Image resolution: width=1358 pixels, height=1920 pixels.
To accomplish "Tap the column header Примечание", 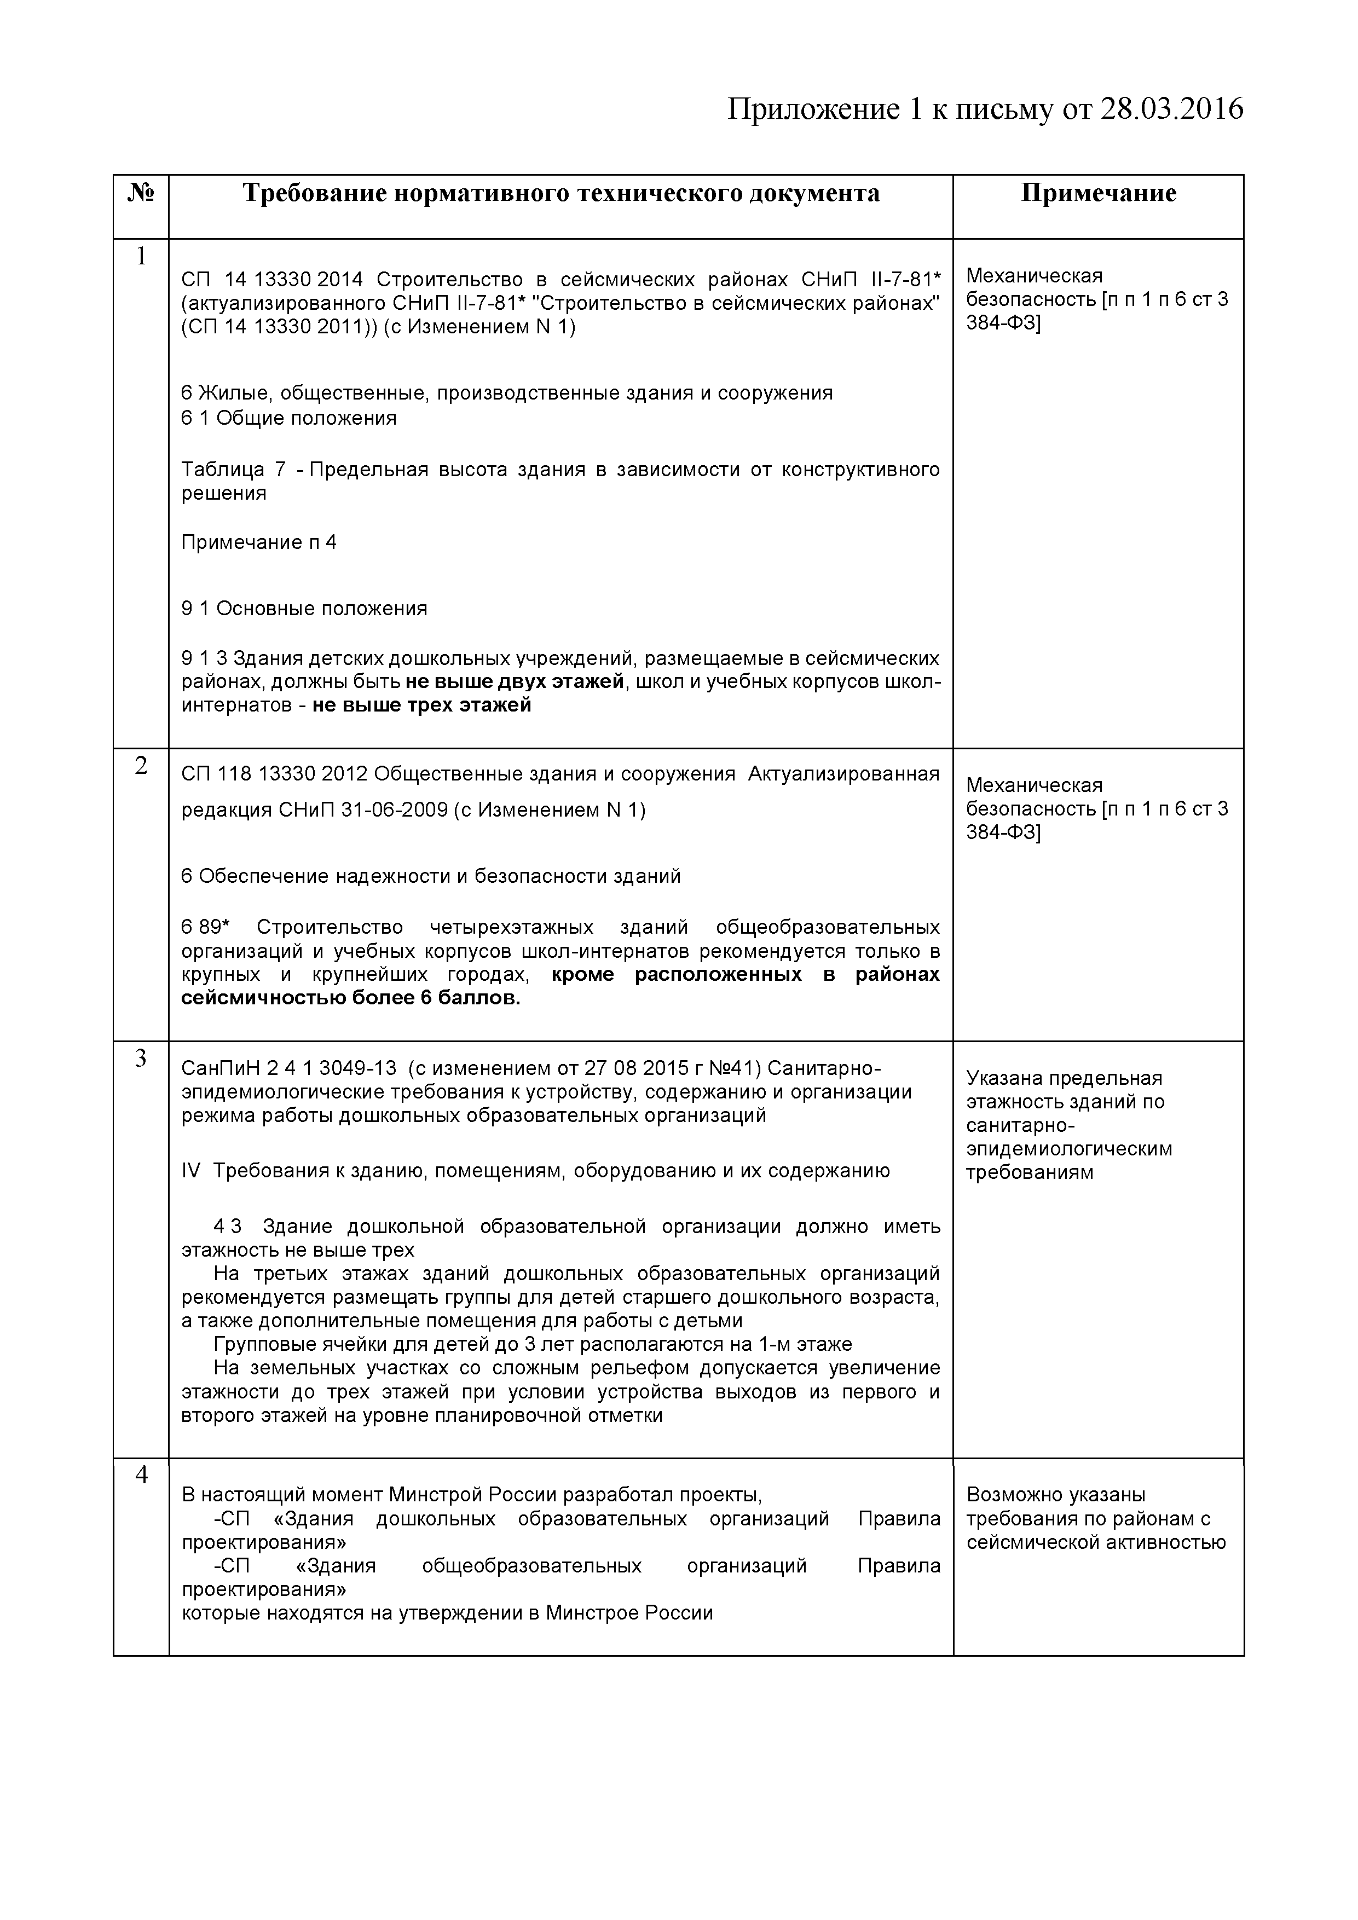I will click(x=1098, y=193).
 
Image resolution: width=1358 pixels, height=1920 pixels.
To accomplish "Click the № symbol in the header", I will click(x=141, y=193).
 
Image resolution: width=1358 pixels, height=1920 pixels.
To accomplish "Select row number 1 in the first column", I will click(x=141, y=257).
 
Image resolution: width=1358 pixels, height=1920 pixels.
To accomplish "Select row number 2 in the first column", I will click(x=141, y=765).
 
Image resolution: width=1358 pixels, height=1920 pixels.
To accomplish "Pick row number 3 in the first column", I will click(x=141, y=1058).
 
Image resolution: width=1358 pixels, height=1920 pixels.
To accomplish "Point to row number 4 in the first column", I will click(x=141, y=1475).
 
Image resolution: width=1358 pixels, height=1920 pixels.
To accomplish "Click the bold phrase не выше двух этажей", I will click(x=515, y=681).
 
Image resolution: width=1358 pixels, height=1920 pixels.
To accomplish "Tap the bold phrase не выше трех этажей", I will click(x=422, y=705).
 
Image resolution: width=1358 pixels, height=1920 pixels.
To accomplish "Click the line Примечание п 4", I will click(x=259, y=542).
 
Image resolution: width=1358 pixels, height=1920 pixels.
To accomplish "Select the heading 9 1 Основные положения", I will click(x=304, y=608).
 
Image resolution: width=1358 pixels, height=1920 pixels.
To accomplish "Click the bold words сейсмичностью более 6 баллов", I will click(x=351, y=998).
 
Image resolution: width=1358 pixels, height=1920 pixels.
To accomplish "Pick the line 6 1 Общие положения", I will click(x=288, y=417).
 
